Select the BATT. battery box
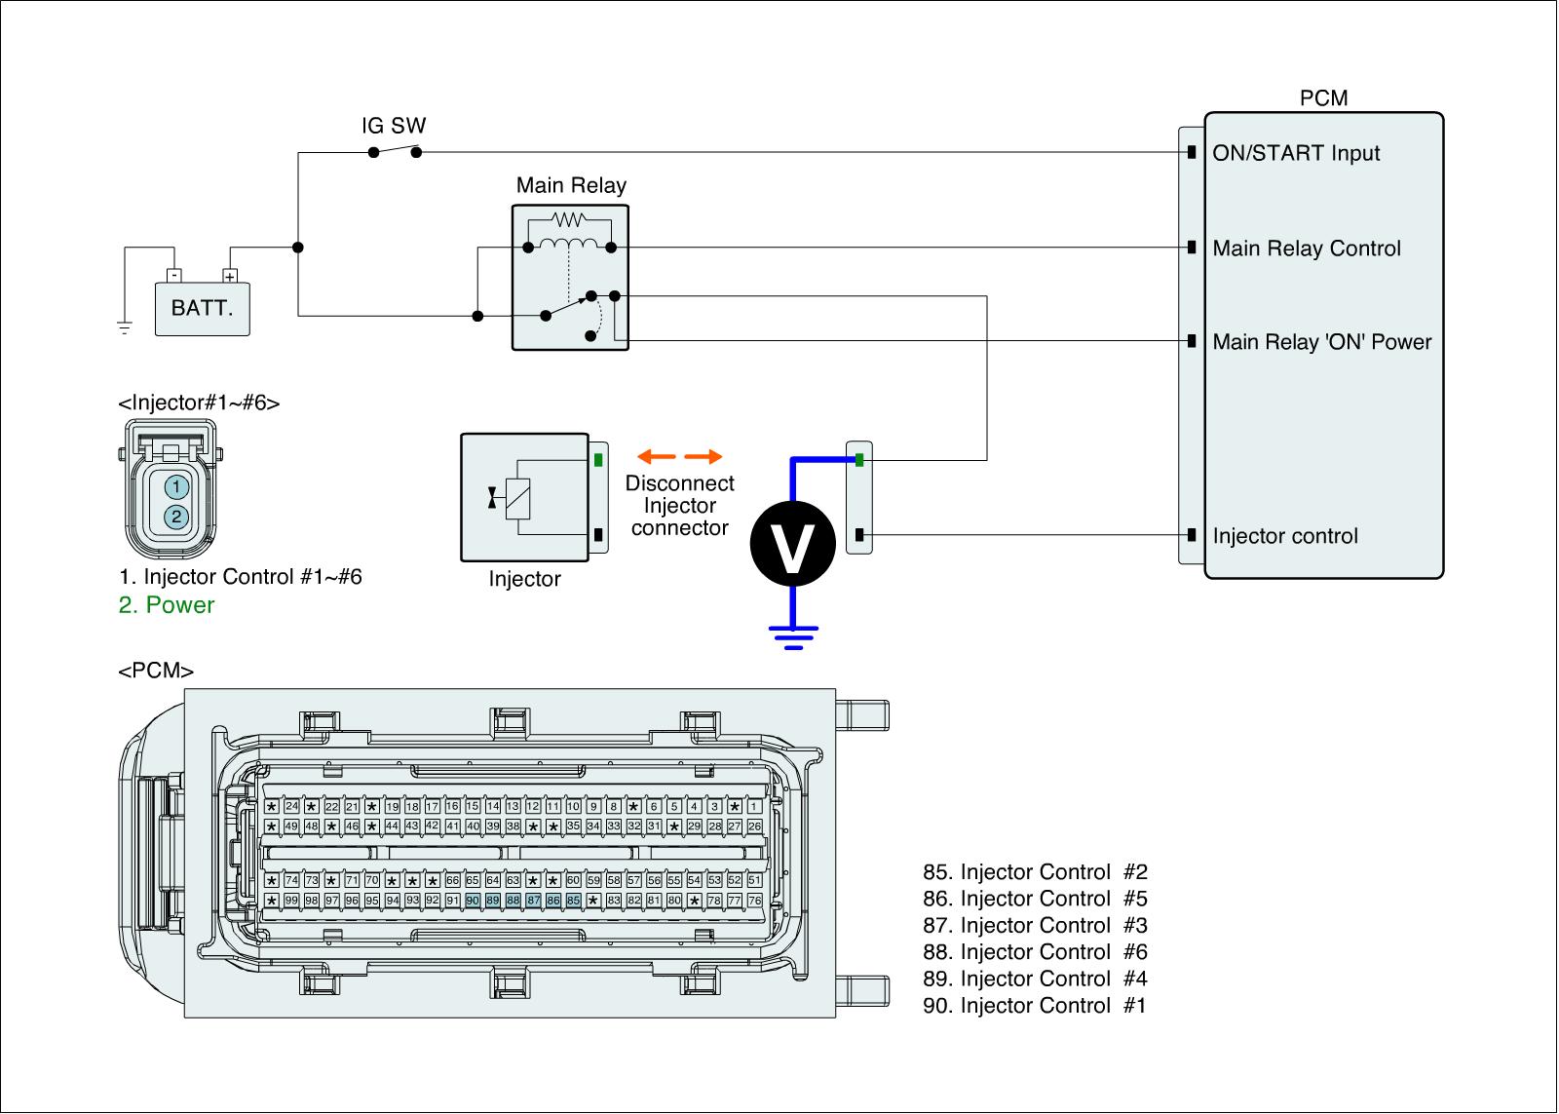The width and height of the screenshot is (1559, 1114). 203,309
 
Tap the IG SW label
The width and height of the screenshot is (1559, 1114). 394,126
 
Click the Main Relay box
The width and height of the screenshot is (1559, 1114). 571,277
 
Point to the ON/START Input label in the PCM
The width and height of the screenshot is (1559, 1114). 1296,153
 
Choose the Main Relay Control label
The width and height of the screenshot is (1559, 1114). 1306,249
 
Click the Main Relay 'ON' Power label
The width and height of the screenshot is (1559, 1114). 1321,342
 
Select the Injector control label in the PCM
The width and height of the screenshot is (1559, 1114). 1284,536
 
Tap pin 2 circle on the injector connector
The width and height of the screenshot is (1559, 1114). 175,517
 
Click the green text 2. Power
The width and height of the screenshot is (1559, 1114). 166,605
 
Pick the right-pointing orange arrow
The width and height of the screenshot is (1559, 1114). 703,456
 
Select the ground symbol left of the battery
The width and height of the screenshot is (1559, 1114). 125,327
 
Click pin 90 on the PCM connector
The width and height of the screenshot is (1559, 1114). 473,901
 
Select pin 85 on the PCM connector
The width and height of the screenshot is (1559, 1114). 573,901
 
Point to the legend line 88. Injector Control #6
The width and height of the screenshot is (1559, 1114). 1036,952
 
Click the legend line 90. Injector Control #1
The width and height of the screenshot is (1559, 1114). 1035,1006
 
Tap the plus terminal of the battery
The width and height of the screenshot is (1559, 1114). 230,276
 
